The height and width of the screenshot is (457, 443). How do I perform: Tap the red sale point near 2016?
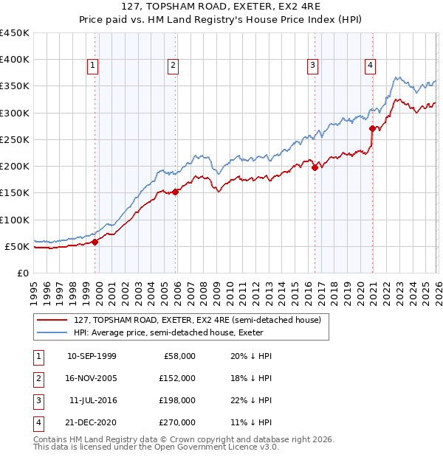pos(315,167)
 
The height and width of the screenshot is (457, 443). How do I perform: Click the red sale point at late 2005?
pos(176,192)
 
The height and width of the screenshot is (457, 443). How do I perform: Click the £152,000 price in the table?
pos(178,377)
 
